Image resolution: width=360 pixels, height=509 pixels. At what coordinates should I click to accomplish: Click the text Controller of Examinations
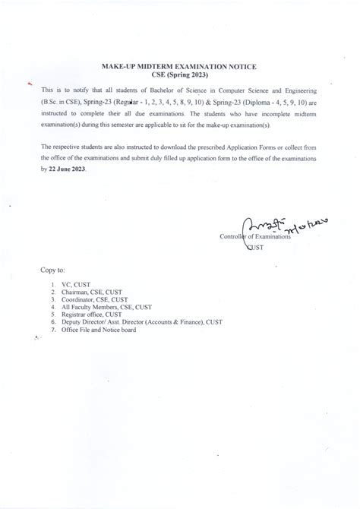pyautogui.click(x=255, y=238)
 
